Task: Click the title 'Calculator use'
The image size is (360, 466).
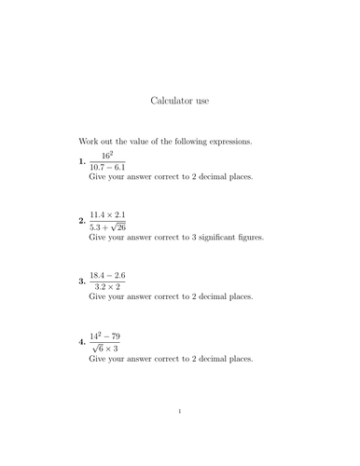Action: coord(180,97)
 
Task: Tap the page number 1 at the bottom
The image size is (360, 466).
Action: coord(180,435)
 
